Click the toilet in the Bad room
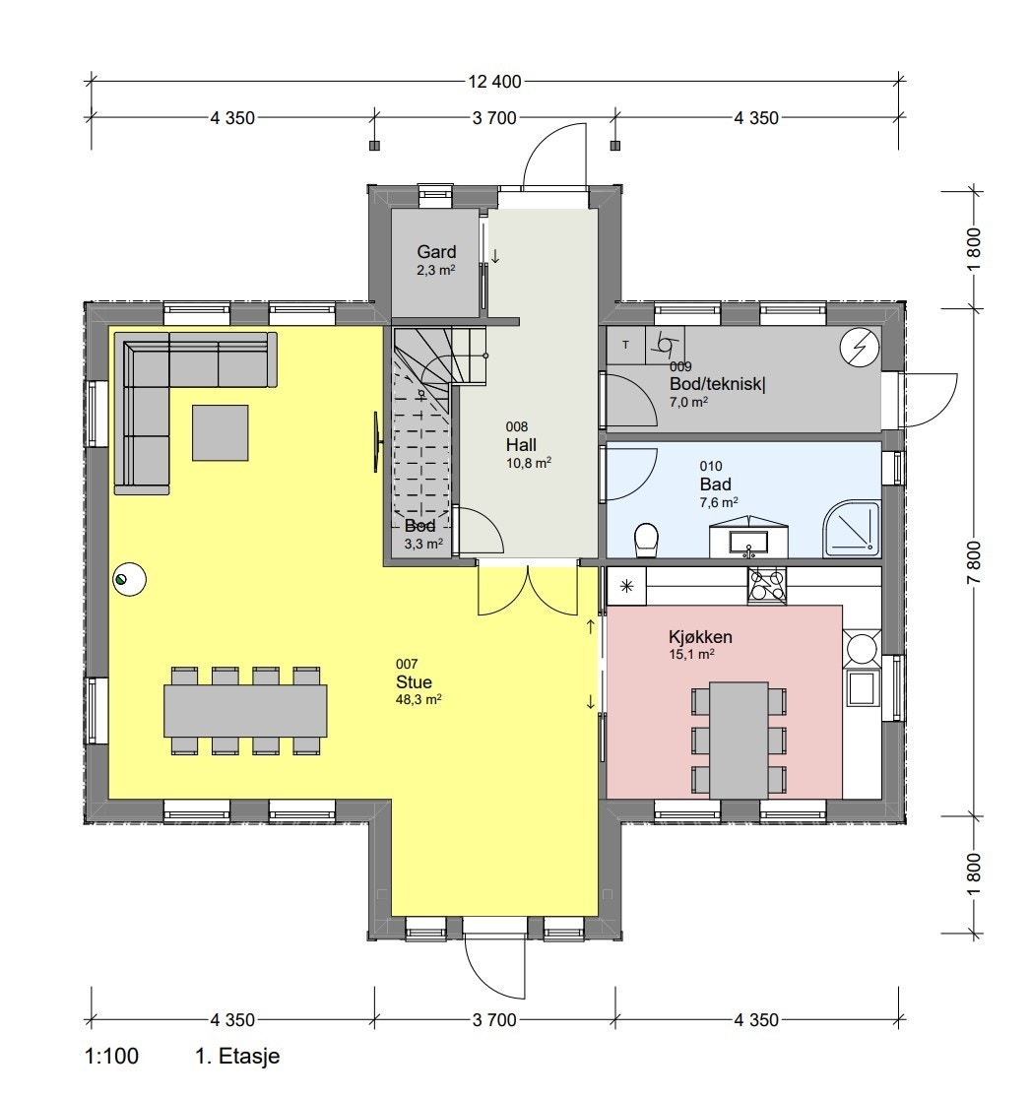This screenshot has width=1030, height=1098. point(646,540)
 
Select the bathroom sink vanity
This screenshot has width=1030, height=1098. point(750,538)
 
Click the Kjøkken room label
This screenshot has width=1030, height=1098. point(700,637)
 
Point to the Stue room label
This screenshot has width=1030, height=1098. point(414,681)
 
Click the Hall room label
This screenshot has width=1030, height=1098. point(522,445)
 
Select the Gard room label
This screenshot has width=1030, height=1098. point(436,252)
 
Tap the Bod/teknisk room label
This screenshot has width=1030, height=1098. point(717,383)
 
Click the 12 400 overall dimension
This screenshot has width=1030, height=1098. point(496,82)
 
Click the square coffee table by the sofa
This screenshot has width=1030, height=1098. point(220,433)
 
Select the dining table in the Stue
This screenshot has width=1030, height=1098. point(245,711)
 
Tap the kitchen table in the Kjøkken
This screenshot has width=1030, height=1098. point(739,740)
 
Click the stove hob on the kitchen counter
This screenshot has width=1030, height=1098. point(767,586)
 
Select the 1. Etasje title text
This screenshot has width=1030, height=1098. point(237,1057)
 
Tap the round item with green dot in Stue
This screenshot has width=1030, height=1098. point(129,579)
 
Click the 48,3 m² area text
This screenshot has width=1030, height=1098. point(414,699)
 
